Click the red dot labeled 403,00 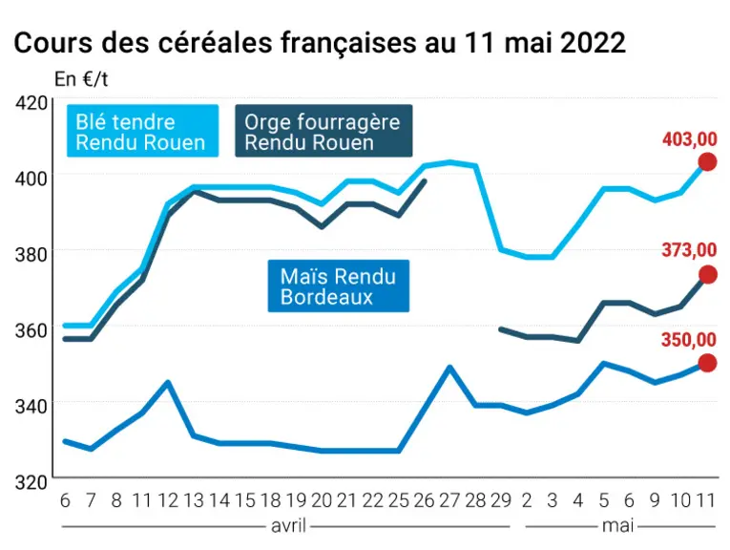pyautogui.click(x=708, y=162)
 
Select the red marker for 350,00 pyautogui.click(x=708, y=363)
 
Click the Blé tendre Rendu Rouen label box pyautogui.click(x=142, y=131)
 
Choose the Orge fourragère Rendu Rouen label pyautogui.click(x=323, y=131)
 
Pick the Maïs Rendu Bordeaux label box pyautogui.click(x=339, y=286)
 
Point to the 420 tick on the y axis pyautogui.click(x=31, y=102)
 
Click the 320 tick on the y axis pyautogui.click(x=31, y=482)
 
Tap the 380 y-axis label pyautogui.click(x=31, y=254)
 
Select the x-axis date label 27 pyautogui.click(x=449, y=500)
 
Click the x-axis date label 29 pyautogui.click(x=501, y=500)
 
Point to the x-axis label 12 pyautogui.click(x=168, y=500)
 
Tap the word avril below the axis pyautogui.click(x=288, y=526)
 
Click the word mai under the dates pyautogui.click(x=617, y=526)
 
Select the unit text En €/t pyautogui.click(x=81, y=79)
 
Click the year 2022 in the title pyautogui.click(x=593, y=43)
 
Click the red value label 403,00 pyautogui.click(x=690, y=139)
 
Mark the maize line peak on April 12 pyautogui.click(x=168, y=382)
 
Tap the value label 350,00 pyautogui.click(x=689, y=340)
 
